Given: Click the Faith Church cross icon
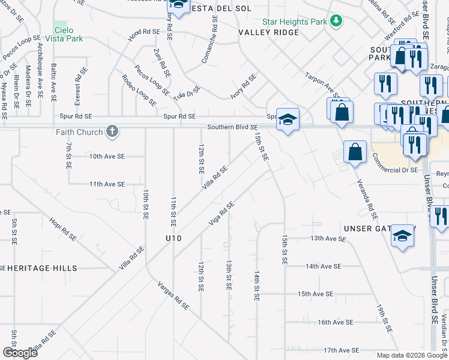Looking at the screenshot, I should pos(111,131).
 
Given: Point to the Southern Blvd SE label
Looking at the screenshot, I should pos(232,127).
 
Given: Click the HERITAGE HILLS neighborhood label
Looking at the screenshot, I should pos(42,268).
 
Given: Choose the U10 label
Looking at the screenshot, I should pos(174,238).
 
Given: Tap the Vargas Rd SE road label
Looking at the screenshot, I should pos(173,295).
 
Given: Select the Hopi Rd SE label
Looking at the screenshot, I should pos(64,228).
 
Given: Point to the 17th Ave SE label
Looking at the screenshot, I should pos(340,350).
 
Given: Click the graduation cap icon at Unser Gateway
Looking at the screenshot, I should pos(403,235).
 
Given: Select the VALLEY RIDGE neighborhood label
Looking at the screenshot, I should pos(268,32).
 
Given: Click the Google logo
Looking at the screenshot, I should pos(20,353).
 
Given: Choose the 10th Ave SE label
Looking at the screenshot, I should pos(107,156).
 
